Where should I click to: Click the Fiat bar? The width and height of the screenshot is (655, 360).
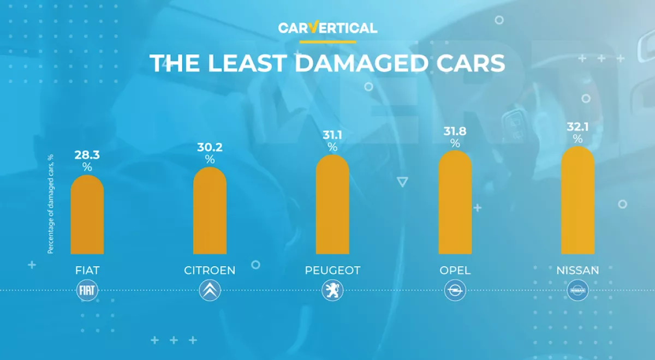tap(87, 215)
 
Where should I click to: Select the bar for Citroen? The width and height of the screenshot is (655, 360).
tap(210, 211)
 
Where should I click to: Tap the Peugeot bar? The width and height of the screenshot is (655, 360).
tap(332, 205)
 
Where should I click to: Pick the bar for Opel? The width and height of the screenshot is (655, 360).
tap(455, 203)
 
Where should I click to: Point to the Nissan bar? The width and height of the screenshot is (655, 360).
tap(577, 201)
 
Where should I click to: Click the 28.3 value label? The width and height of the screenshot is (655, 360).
tap(87, 155)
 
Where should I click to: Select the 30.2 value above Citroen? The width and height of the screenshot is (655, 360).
tap(210, 147)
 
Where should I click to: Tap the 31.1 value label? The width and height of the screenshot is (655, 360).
tap(332, 135)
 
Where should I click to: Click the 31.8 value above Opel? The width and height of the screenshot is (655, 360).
tap(455, 131)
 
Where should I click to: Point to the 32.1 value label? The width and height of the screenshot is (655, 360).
tap(577, 127)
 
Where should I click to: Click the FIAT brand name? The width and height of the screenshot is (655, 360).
tap(87, 271)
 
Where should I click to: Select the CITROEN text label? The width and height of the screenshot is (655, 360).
tap(210, 271)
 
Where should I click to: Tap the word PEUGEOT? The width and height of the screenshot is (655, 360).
tap(332, 271)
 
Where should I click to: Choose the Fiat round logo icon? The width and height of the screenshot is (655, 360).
tap(87, 291)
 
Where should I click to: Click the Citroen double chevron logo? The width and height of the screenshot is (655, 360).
tap(210, 291)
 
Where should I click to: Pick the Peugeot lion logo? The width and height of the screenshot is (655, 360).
tap(332, 291)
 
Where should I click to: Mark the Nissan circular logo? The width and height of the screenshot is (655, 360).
tap(577, 291)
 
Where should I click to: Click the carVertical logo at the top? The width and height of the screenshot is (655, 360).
tap(327, 28)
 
